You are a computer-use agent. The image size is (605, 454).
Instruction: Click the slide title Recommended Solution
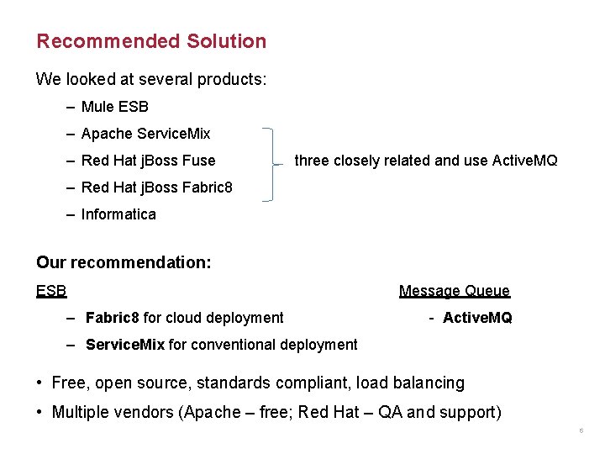pyautogui.click(x=151, y=41)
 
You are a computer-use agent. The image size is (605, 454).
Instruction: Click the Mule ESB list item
pyautogui.click(x=114, y=107)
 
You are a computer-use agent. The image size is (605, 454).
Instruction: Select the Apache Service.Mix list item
pyautogui.click(x=145, y=134)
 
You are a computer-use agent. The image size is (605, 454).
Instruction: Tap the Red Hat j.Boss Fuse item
pyautogui.click(x=148, y=161)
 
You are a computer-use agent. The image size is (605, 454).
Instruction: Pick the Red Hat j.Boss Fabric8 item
pyautogui.click(x=156, y=187)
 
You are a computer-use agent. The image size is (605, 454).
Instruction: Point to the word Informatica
pyautogui.click(x=118, y=214)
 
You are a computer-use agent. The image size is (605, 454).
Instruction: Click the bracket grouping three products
pyautogui.click(x=270, y=165)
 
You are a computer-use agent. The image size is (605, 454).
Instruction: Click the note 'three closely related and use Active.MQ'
pyautogui.click(x=425, y=161)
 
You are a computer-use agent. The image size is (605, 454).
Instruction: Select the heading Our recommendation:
pyautogui.click(x=124, y=262)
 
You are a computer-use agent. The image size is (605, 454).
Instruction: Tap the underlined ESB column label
pyautogui.click(x=51, y=291)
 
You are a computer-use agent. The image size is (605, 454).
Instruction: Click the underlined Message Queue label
pyautogui.click(x=454, y=291)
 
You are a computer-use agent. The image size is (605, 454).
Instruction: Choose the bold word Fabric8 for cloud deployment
pyautogui.click(x=113, y=318)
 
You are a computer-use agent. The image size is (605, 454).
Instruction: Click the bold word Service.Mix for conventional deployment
pyautogui.click(x=125, y=345)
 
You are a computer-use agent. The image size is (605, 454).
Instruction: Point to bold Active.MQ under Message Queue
pyautogui.click(x=476, y=318)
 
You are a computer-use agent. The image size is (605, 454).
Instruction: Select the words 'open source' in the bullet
pyautogui.click(x=150, y=383)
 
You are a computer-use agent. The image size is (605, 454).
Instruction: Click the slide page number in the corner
pyautogui.click(x=581, y=431)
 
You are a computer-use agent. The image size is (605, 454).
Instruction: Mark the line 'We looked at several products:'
pyautogui.click(x=151, y=79)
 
